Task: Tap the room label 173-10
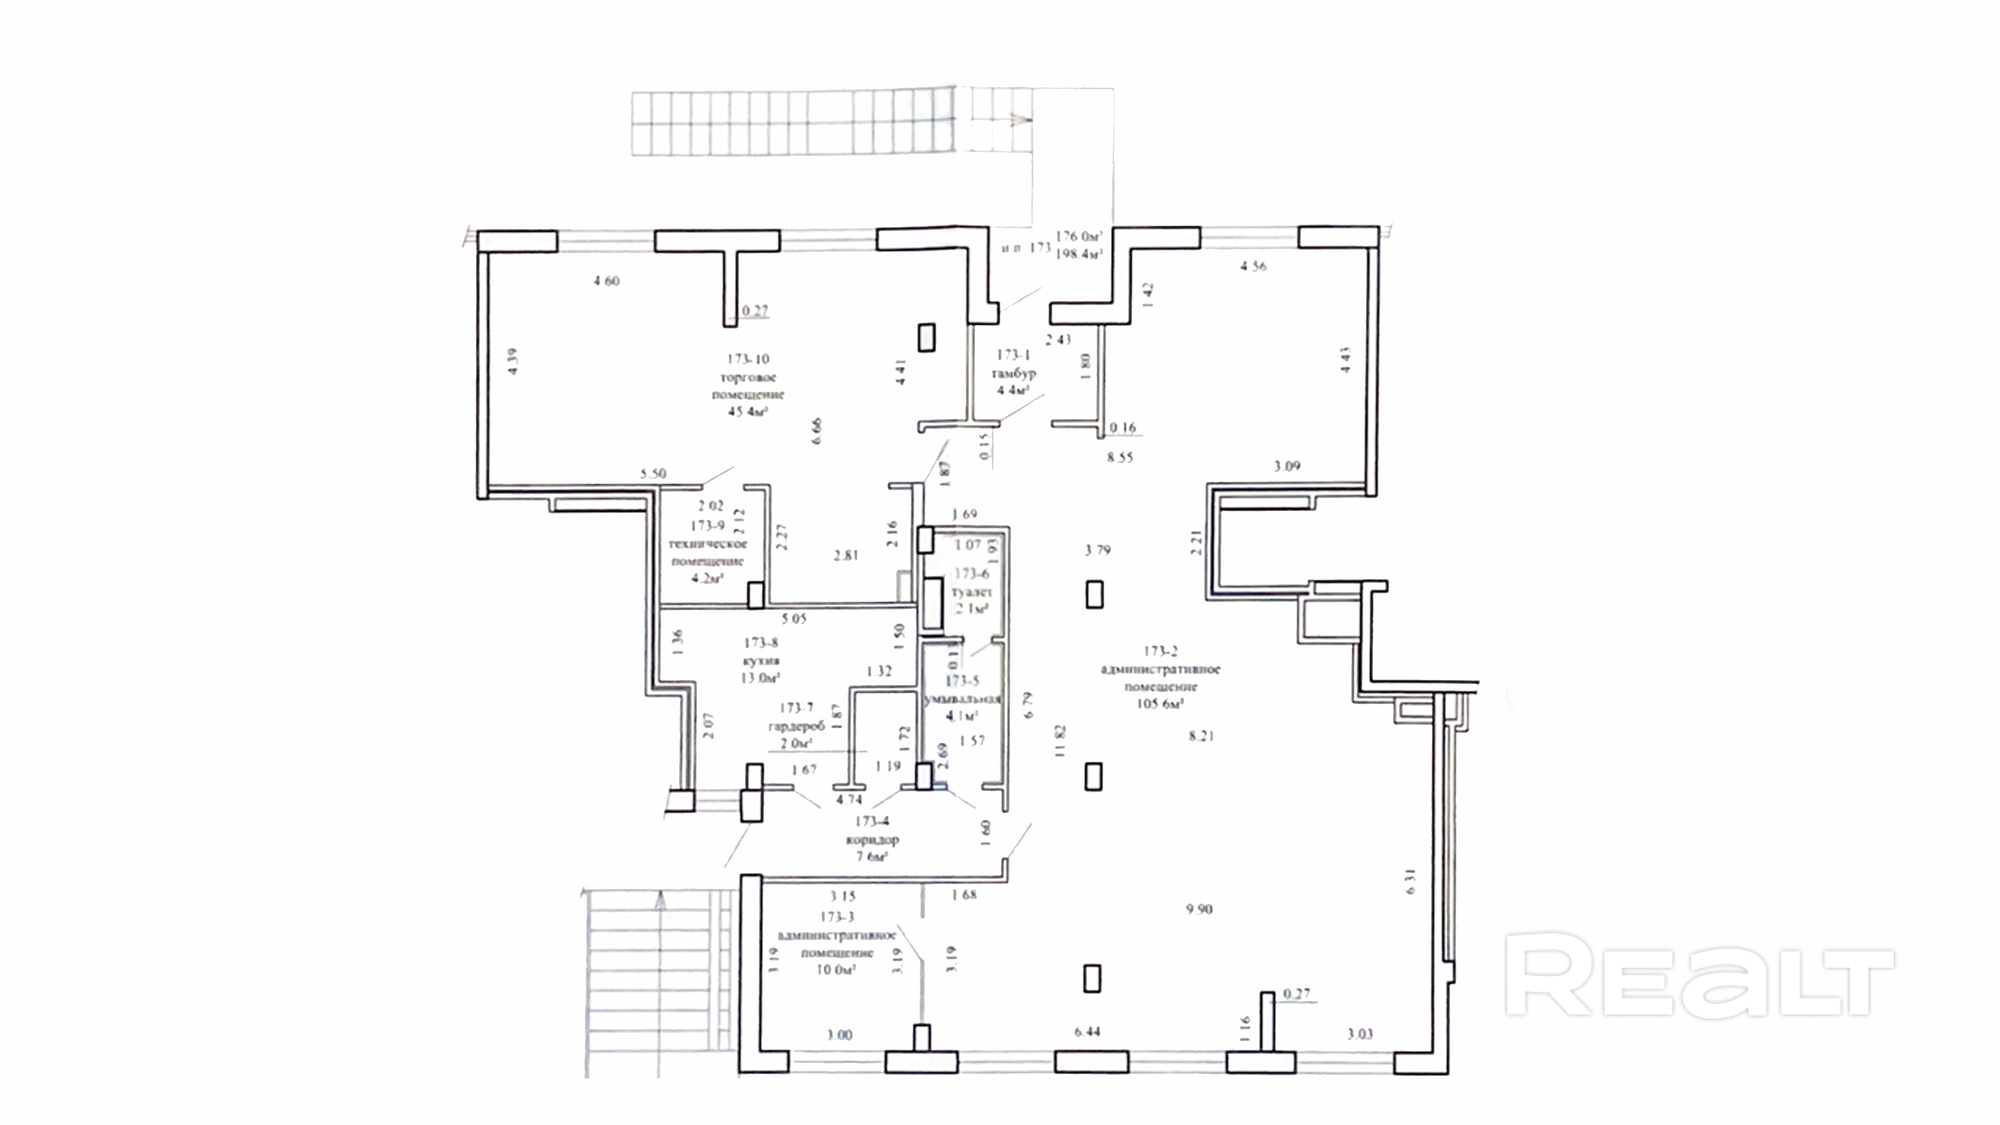point(748,359)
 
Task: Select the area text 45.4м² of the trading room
point(748,412)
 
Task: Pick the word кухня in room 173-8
point(761,661)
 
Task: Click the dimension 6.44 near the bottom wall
point(1087,1032)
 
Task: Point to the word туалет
point(972,592)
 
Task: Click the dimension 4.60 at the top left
point(606,281)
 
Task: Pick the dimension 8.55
point(1120,457)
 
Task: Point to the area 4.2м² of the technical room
point(707,578)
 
